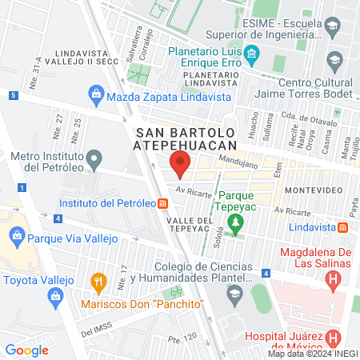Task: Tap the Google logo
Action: tap(27, 349)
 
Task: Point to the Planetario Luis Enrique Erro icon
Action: tap(252, 55)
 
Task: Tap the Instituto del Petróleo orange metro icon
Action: tap(163, 203)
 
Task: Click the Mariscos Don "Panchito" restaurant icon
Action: tap(98, 282)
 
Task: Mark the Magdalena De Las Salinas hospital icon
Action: tap(334, 281)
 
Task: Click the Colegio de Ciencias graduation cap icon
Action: tap(234, 295)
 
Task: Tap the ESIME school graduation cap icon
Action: tap(330, 29)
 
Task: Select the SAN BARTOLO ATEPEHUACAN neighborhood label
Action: tap(187, 138)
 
